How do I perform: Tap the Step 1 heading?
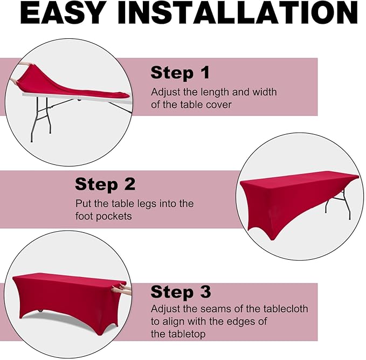(x=180, y=73)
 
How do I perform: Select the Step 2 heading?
(x=105, y=184)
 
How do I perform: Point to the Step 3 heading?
(x=181, y=292)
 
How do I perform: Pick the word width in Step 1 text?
(x=265, y=92)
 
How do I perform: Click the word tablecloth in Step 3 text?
(x=286, y=309)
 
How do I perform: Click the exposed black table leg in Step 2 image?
(x=339, y=204)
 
